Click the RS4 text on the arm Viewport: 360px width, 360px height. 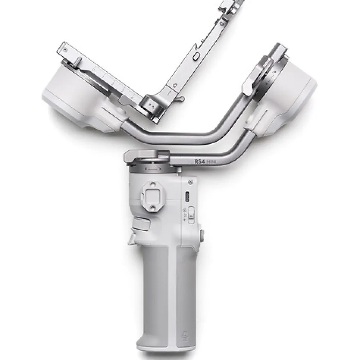199,161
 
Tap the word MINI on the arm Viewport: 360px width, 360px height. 211,162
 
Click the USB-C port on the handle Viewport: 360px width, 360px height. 187,197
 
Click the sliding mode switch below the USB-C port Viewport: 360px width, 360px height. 191,215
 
